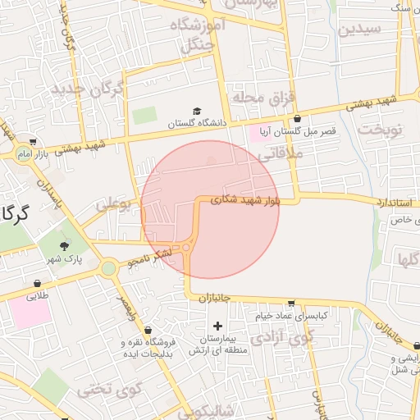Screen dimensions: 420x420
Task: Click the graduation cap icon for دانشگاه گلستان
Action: click(197, 111)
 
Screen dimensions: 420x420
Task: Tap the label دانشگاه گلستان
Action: click(195, 124)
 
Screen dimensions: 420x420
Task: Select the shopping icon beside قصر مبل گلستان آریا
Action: click(296, 118)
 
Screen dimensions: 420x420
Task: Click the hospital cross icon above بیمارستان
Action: click(217, 326)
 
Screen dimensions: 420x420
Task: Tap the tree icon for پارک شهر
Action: click(65, 246)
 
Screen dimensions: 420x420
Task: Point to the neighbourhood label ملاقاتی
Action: click(284, 153)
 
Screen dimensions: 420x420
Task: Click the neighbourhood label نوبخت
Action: click(381, 130)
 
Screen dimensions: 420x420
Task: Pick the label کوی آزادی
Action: click(282, 336)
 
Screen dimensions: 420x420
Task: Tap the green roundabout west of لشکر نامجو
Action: click(108, 267)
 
